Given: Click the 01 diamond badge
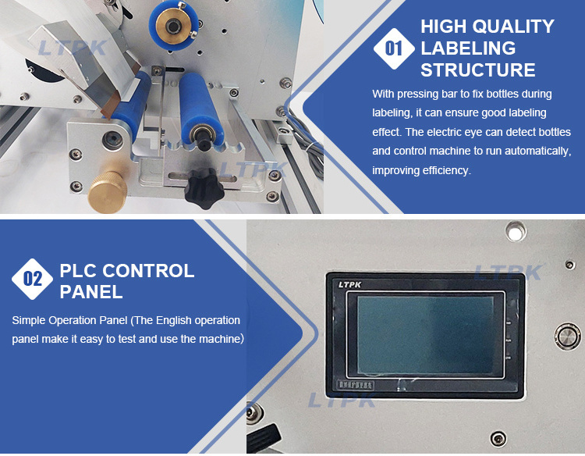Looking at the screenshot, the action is click(394, 48).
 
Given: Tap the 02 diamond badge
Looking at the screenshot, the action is click(33, 279).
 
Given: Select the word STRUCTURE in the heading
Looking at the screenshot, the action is click(478, 69).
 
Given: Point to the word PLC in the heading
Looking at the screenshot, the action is click(78, 270).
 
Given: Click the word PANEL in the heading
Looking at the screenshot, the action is click(91, 292).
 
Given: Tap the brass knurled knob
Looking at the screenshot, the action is click(107, 192).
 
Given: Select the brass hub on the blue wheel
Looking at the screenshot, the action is click(174, 25).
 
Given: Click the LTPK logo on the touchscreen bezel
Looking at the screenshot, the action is click(349, 284).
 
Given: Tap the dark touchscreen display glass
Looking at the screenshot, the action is click(425, 335).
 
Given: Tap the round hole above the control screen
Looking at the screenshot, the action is click(516, 232).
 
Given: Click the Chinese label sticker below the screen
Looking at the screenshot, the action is click(355, 385).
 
